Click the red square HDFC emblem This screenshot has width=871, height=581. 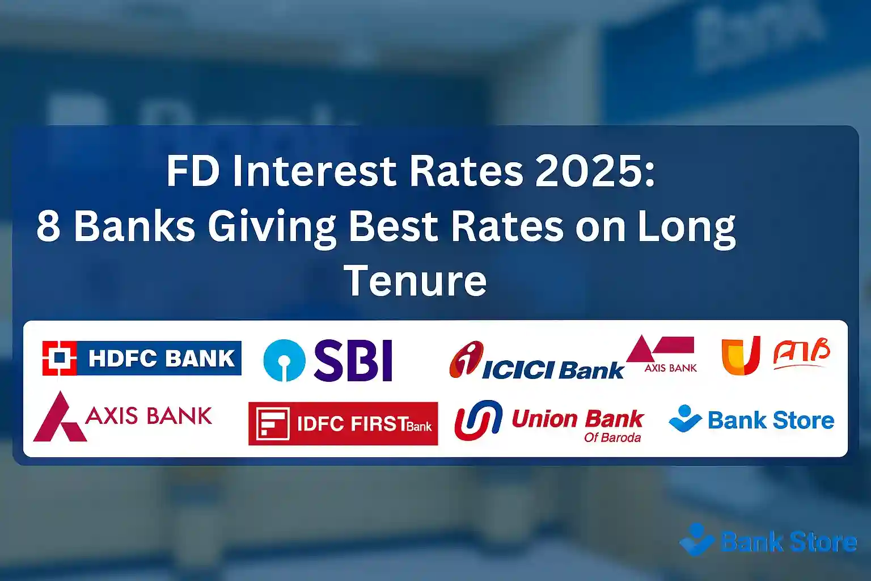[60, 358]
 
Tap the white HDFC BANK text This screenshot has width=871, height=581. [162, 359]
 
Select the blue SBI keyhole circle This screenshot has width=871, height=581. [284, 360]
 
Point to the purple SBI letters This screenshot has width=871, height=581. [353, 360]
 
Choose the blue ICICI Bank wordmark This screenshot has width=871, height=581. [552, 371]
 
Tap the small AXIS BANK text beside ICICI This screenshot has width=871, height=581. [670, 368]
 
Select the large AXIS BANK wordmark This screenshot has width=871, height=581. [149, 416]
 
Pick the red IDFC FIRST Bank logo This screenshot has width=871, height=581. [343, 424]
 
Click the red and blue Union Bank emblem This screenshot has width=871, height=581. [478, 420]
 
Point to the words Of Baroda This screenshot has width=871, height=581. [612, 437]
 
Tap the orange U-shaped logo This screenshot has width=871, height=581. [741, 356]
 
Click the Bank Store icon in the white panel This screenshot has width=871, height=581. [685, 419]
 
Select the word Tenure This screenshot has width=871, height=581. [415, 280]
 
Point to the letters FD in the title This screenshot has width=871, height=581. [193, 171]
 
